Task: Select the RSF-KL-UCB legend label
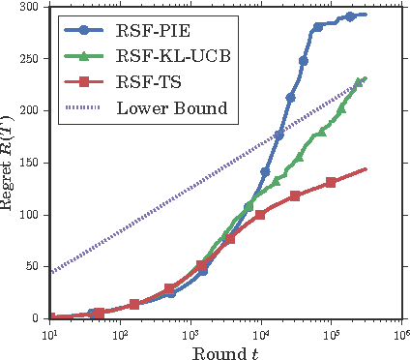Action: [x=170, y=55]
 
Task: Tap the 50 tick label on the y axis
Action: [x=31, y=266]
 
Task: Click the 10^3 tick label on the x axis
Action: [x=190, y=332]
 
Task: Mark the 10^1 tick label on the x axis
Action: [x=50, y=332]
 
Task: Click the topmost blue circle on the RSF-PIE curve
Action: [x=350, y=16]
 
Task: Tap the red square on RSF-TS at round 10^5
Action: [x=331, y=182]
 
